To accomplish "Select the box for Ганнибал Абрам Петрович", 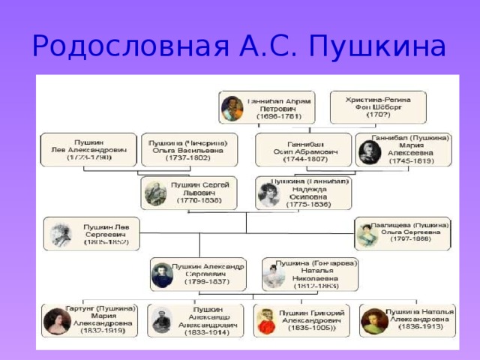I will [x=267, y=107].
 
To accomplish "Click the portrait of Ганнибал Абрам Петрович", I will [x=232, y=108].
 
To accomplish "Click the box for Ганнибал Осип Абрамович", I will [x=303, y=149].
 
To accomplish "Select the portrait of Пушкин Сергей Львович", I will [x=156, y=193].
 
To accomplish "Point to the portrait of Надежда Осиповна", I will [x=269, y=193].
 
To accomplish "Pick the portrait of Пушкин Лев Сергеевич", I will [x=59, y=234].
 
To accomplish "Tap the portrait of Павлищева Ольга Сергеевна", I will [x=366, y=234].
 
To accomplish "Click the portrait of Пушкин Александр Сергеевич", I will [x=162, y=275].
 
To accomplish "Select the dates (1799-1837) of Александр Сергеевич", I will [x=206, y=282].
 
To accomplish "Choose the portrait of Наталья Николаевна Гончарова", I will [x=271, y=276].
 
